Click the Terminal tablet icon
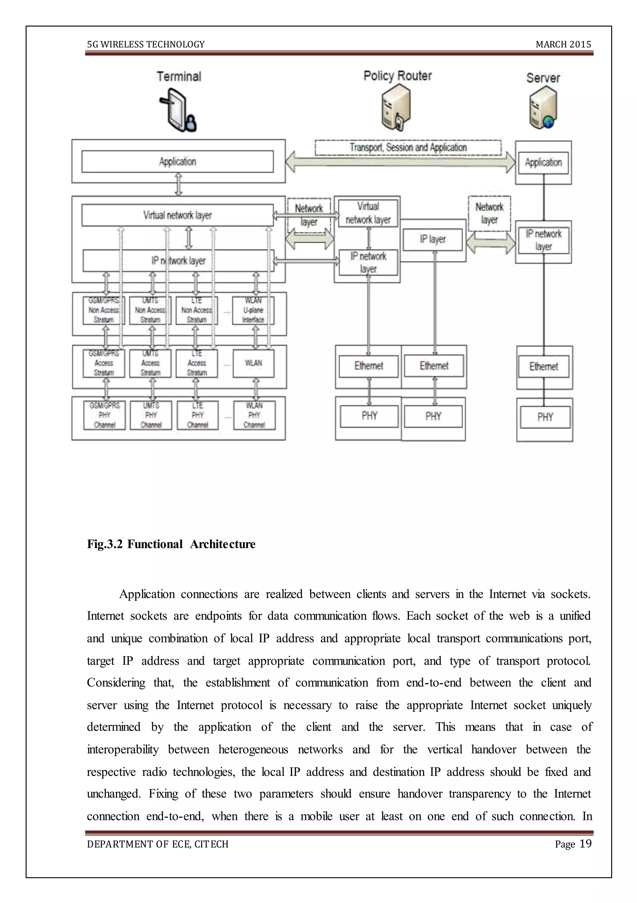point(178,111)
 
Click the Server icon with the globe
point(543,108)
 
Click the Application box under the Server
point(543,163)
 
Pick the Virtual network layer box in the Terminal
point(177,215)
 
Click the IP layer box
point(433,239)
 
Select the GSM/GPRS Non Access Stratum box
point(104,310)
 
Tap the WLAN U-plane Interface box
point(253,310)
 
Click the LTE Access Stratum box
point(197,363)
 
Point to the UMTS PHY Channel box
point(151,415)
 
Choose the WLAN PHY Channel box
point(254,415)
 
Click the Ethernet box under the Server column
point(543,366)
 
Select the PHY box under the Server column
point(545,417)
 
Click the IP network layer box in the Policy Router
point(368,262)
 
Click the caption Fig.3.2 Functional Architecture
point(171,544)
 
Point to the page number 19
point(585,843)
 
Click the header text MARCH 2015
point(563,45)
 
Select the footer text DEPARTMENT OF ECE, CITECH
point(158,844)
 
